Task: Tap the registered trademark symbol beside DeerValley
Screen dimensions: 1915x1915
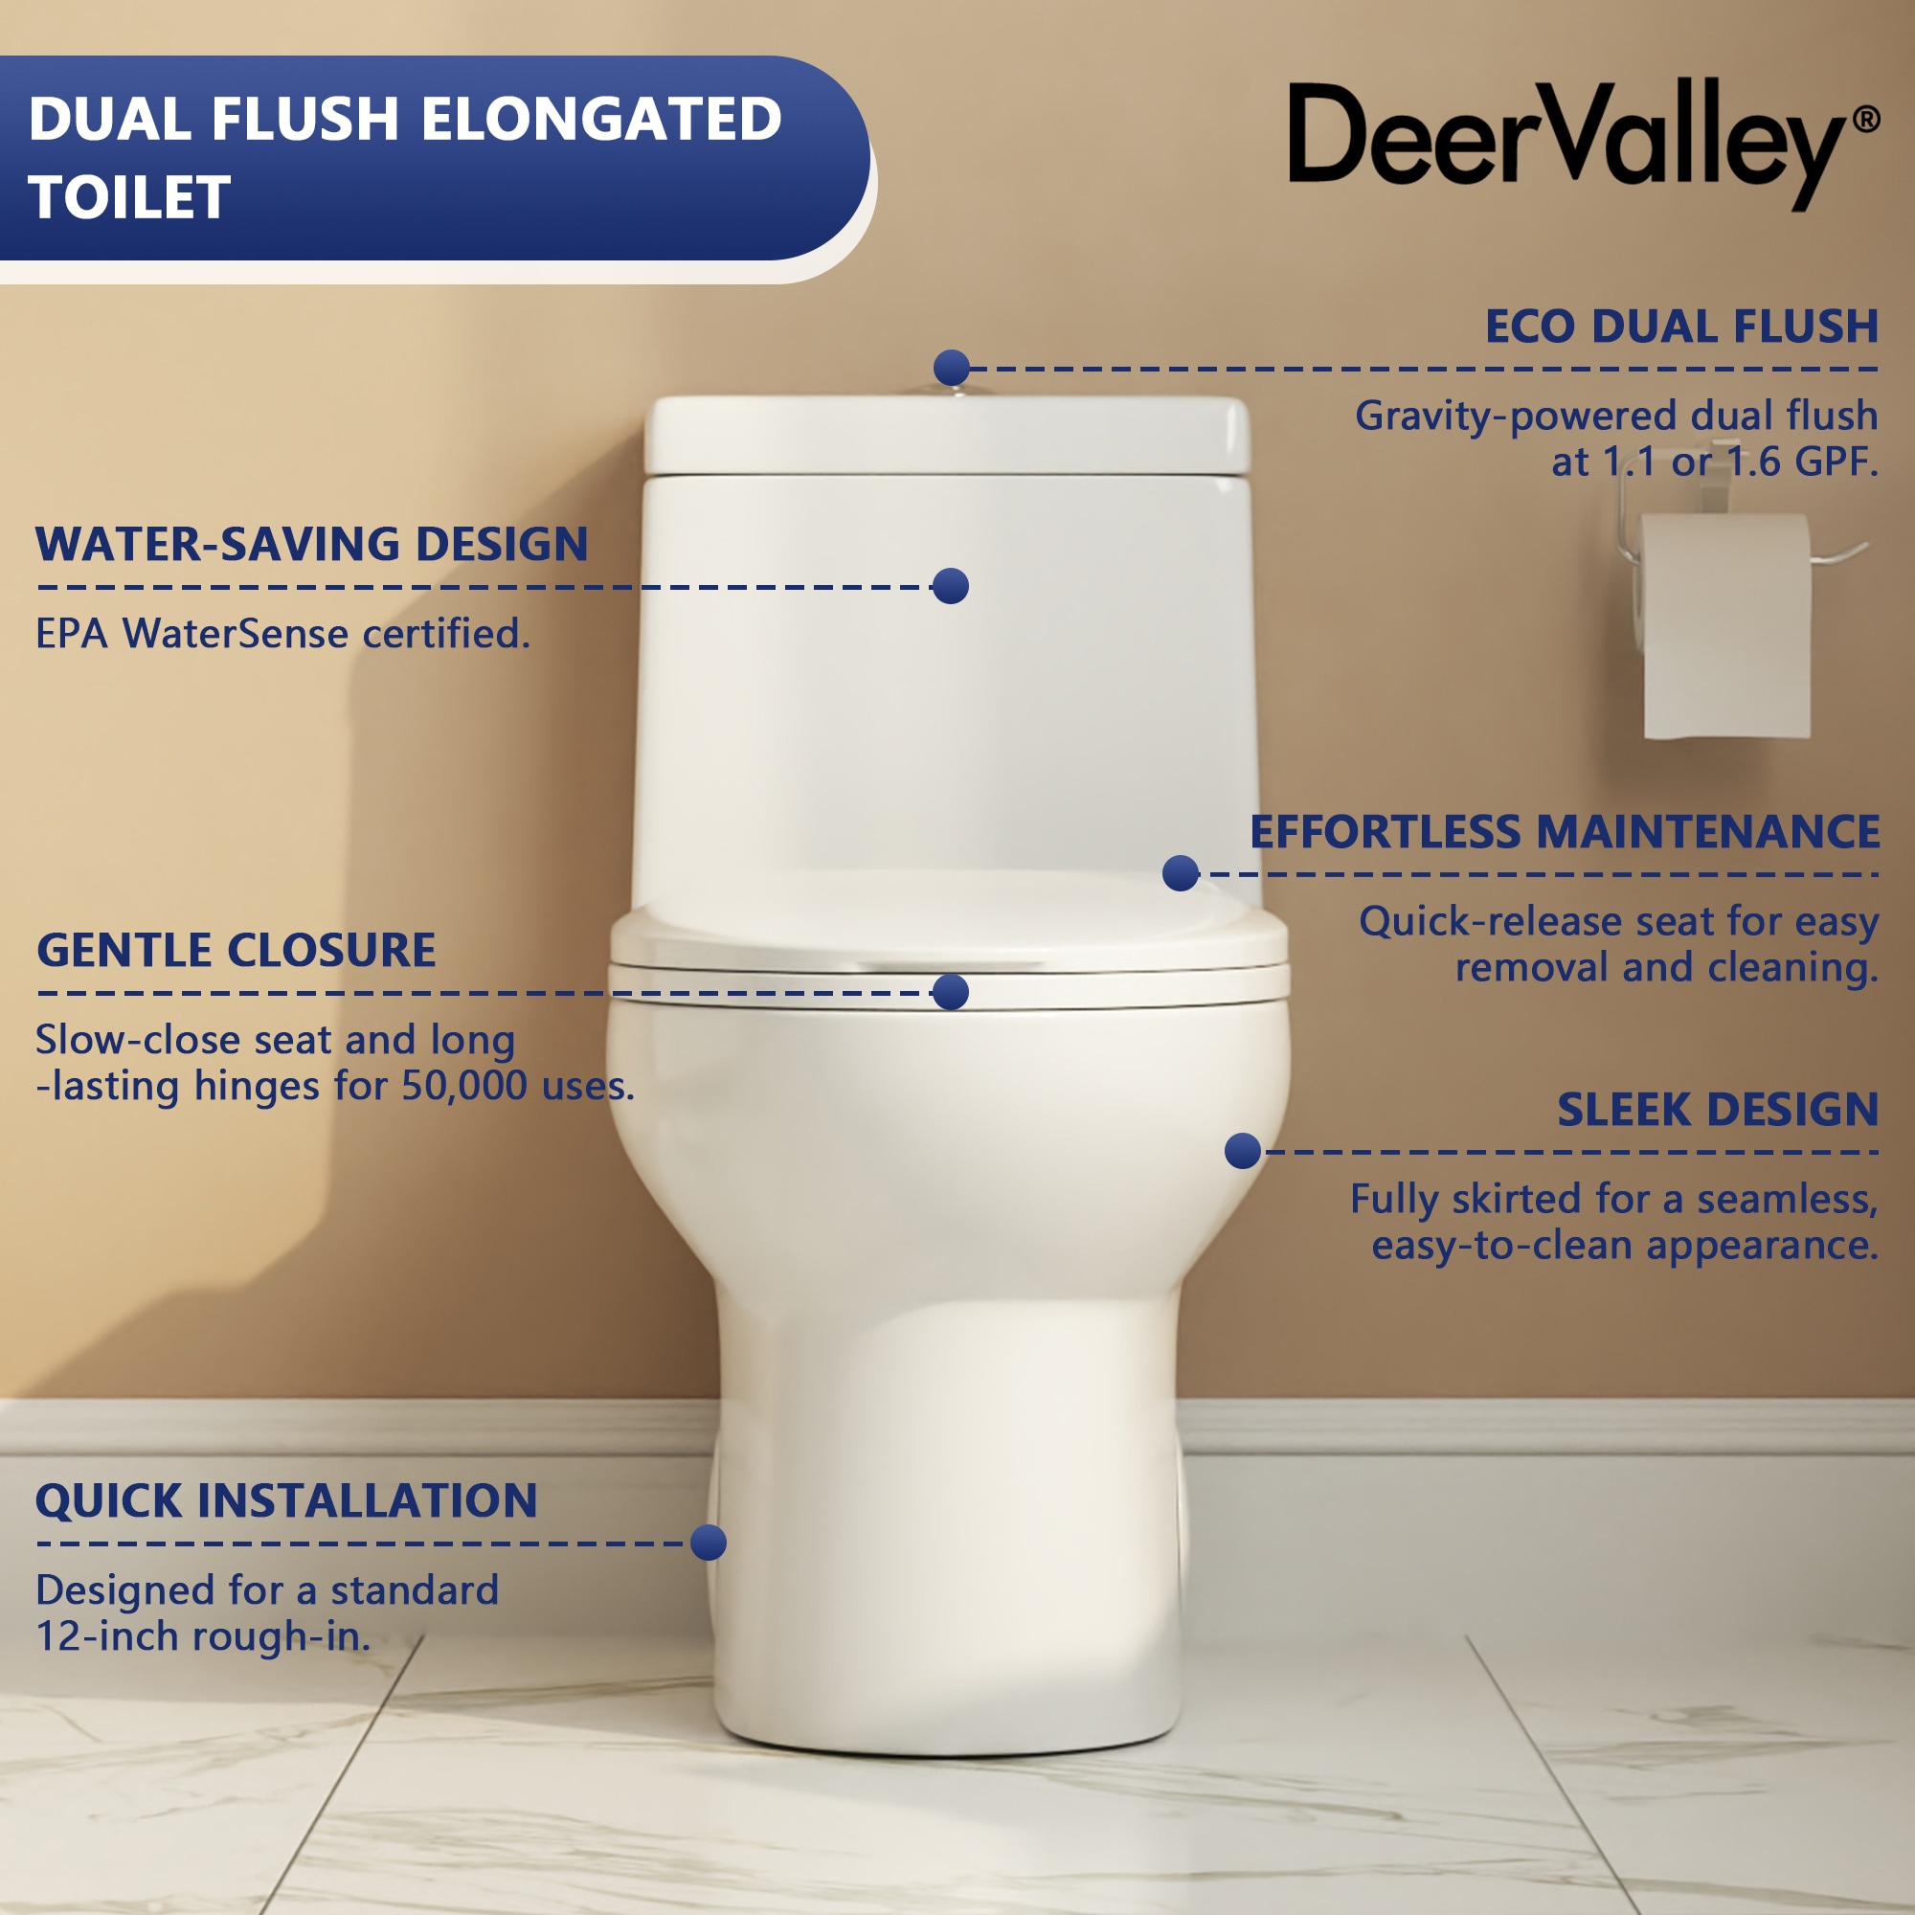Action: click(x=1865, y=120)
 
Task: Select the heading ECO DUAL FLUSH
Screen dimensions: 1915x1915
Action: click(x=1681, y=327)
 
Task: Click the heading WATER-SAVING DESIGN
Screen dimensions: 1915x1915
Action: click(x=311, y=544)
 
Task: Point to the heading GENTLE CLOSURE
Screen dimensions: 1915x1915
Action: click(x=236, y=950)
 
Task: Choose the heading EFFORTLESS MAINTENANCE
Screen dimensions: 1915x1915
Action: click(x=1565, y=832)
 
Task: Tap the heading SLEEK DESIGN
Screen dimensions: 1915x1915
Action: click(x=1718, y=1109)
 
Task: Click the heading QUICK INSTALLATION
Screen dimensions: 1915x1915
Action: click(x=286, y=1500)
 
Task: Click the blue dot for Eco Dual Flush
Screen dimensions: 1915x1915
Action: click(x=952, y=368)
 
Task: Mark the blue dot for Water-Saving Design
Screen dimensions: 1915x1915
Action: click(x=951, y=586)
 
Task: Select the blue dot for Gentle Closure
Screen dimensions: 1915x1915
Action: click(x=951, y=992)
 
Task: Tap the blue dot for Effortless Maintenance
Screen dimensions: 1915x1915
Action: click(x=1181, y=873)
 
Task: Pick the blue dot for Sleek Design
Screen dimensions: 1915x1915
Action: click(x=1243, y=1151)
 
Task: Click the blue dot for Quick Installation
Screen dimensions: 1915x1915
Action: click(x=709, y=1543)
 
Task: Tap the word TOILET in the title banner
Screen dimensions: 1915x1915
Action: click(x=130, y=197)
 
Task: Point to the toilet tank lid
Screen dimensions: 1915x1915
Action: click(x=947, y=434)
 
